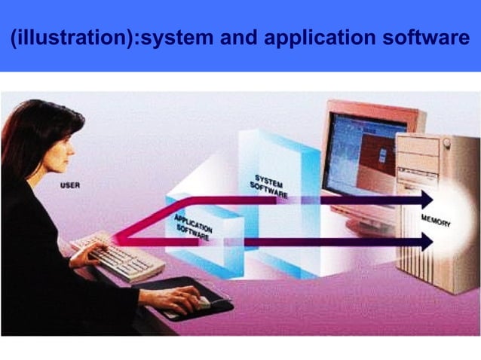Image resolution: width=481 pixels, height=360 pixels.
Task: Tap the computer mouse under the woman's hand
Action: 202,302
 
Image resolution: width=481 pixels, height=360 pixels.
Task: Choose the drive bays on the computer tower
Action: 419,158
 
